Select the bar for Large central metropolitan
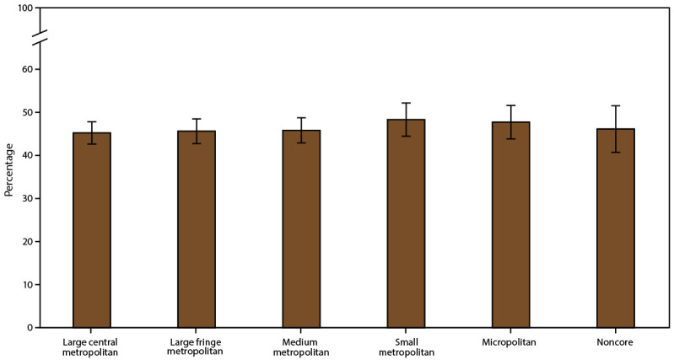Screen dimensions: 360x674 pos(92,229)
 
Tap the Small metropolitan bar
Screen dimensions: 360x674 pos(406,223)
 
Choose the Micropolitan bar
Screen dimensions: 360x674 pos(510,224)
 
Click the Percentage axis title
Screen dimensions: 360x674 pos(9,168)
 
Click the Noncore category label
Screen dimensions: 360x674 pos(615,342)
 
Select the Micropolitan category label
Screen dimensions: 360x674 pos(510,342)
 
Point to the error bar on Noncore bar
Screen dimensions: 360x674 pos(615,128)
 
